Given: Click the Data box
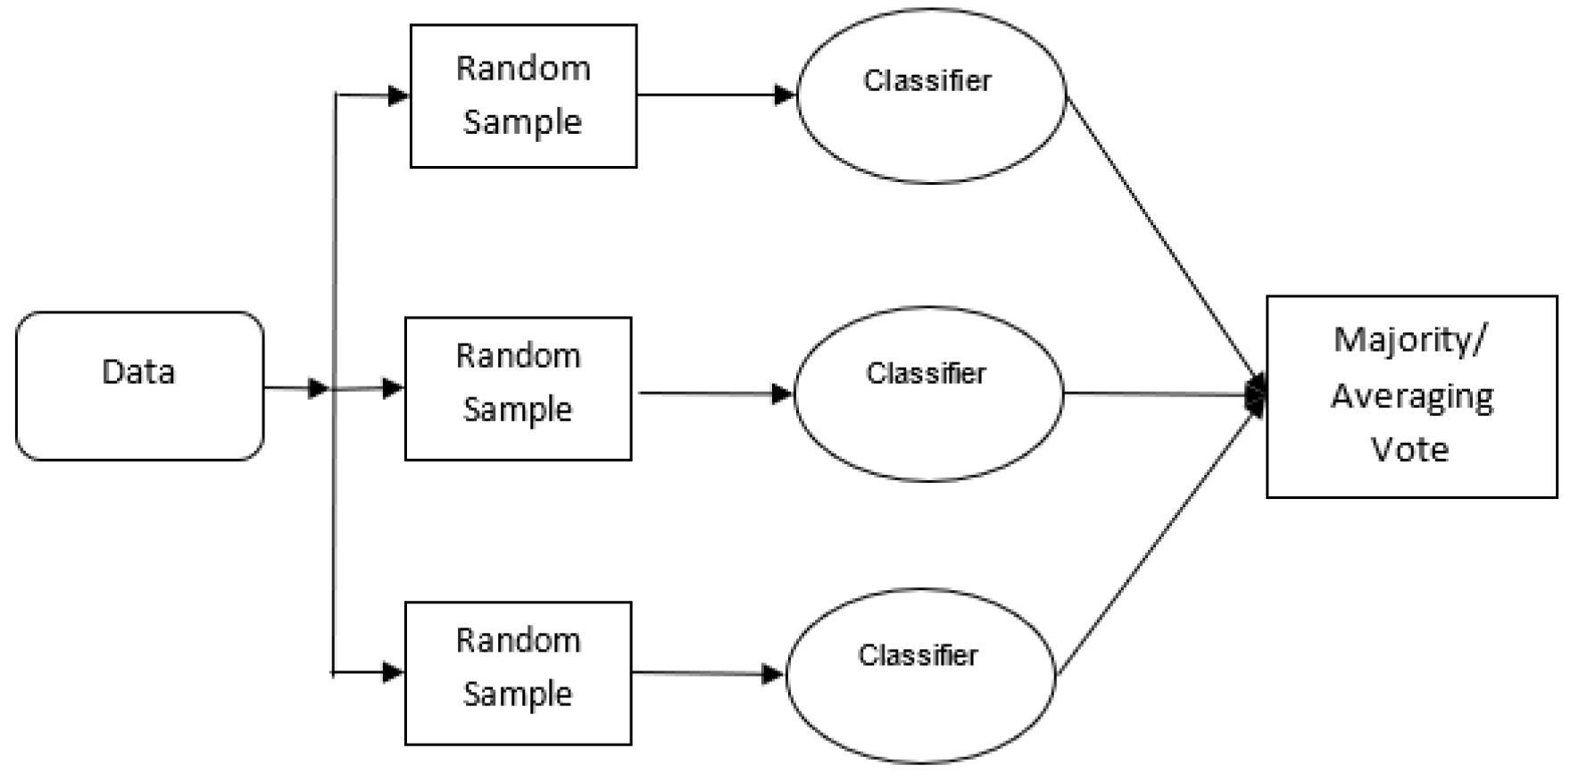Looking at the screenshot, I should point(139,386).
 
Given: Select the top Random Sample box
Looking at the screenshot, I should point(523,96).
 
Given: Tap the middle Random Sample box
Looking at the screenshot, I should point(518,388).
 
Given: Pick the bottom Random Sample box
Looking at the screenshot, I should point(518,673).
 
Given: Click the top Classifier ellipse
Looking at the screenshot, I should point(930,96).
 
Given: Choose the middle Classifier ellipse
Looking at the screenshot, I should point(928,394).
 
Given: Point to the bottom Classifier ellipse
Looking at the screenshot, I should point(919,675).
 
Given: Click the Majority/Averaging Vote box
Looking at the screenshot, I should point(1411,396).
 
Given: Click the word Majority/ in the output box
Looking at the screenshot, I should point(1410,340).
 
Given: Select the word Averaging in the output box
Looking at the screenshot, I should point(1412,395).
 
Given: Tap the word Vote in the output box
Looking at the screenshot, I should point(1409,448).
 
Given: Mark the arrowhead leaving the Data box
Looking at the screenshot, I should point(318,388).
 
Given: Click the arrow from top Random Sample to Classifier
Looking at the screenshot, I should point(714,94).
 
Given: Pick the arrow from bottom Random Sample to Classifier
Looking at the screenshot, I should point(705,673).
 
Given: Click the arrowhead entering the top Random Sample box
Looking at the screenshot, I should point(398,95).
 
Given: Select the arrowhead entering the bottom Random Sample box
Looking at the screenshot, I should point(393,672).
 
